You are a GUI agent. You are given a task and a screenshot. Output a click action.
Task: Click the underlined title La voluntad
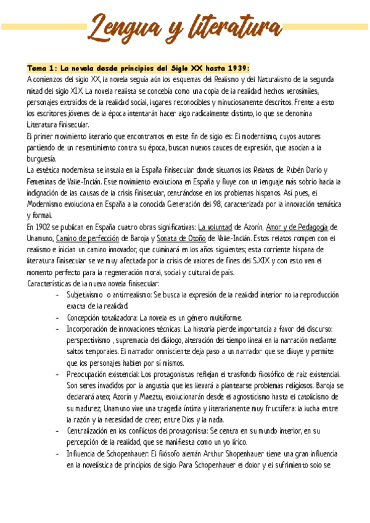click(220, 227)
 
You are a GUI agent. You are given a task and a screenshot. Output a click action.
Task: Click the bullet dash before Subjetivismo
click(57, 295)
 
